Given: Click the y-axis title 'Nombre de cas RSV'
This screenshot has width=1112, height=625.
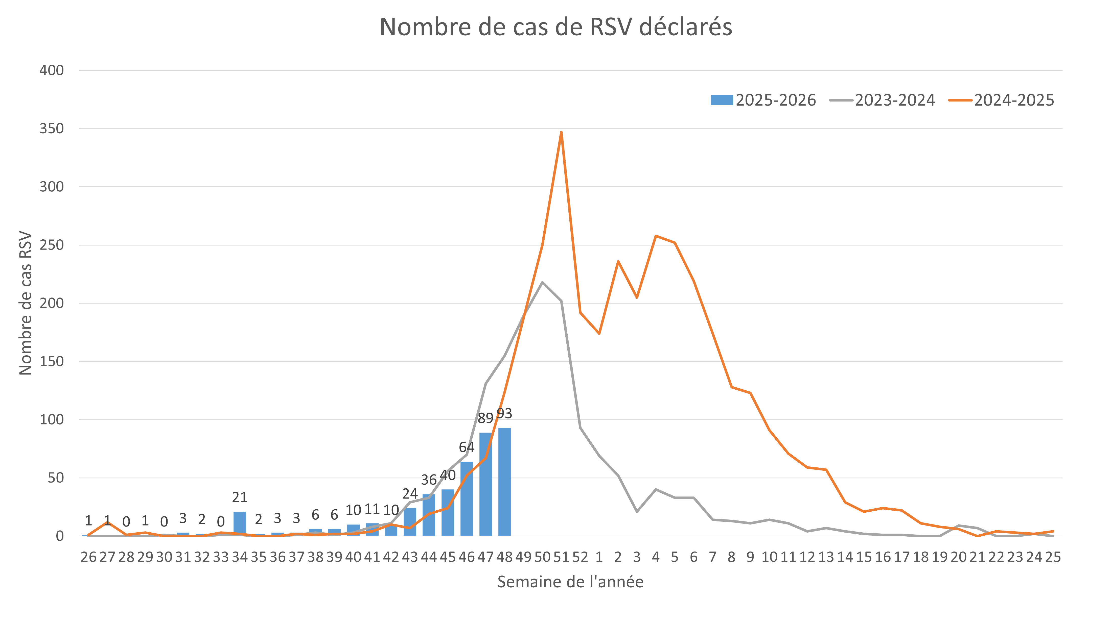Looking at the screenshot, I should [26, 303].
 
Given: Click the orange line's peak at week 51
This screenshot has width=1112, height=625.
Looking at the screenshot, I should [561, 132].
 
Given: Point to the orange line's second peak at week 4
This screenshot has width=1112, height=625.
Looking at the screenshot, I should [656, 236].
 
